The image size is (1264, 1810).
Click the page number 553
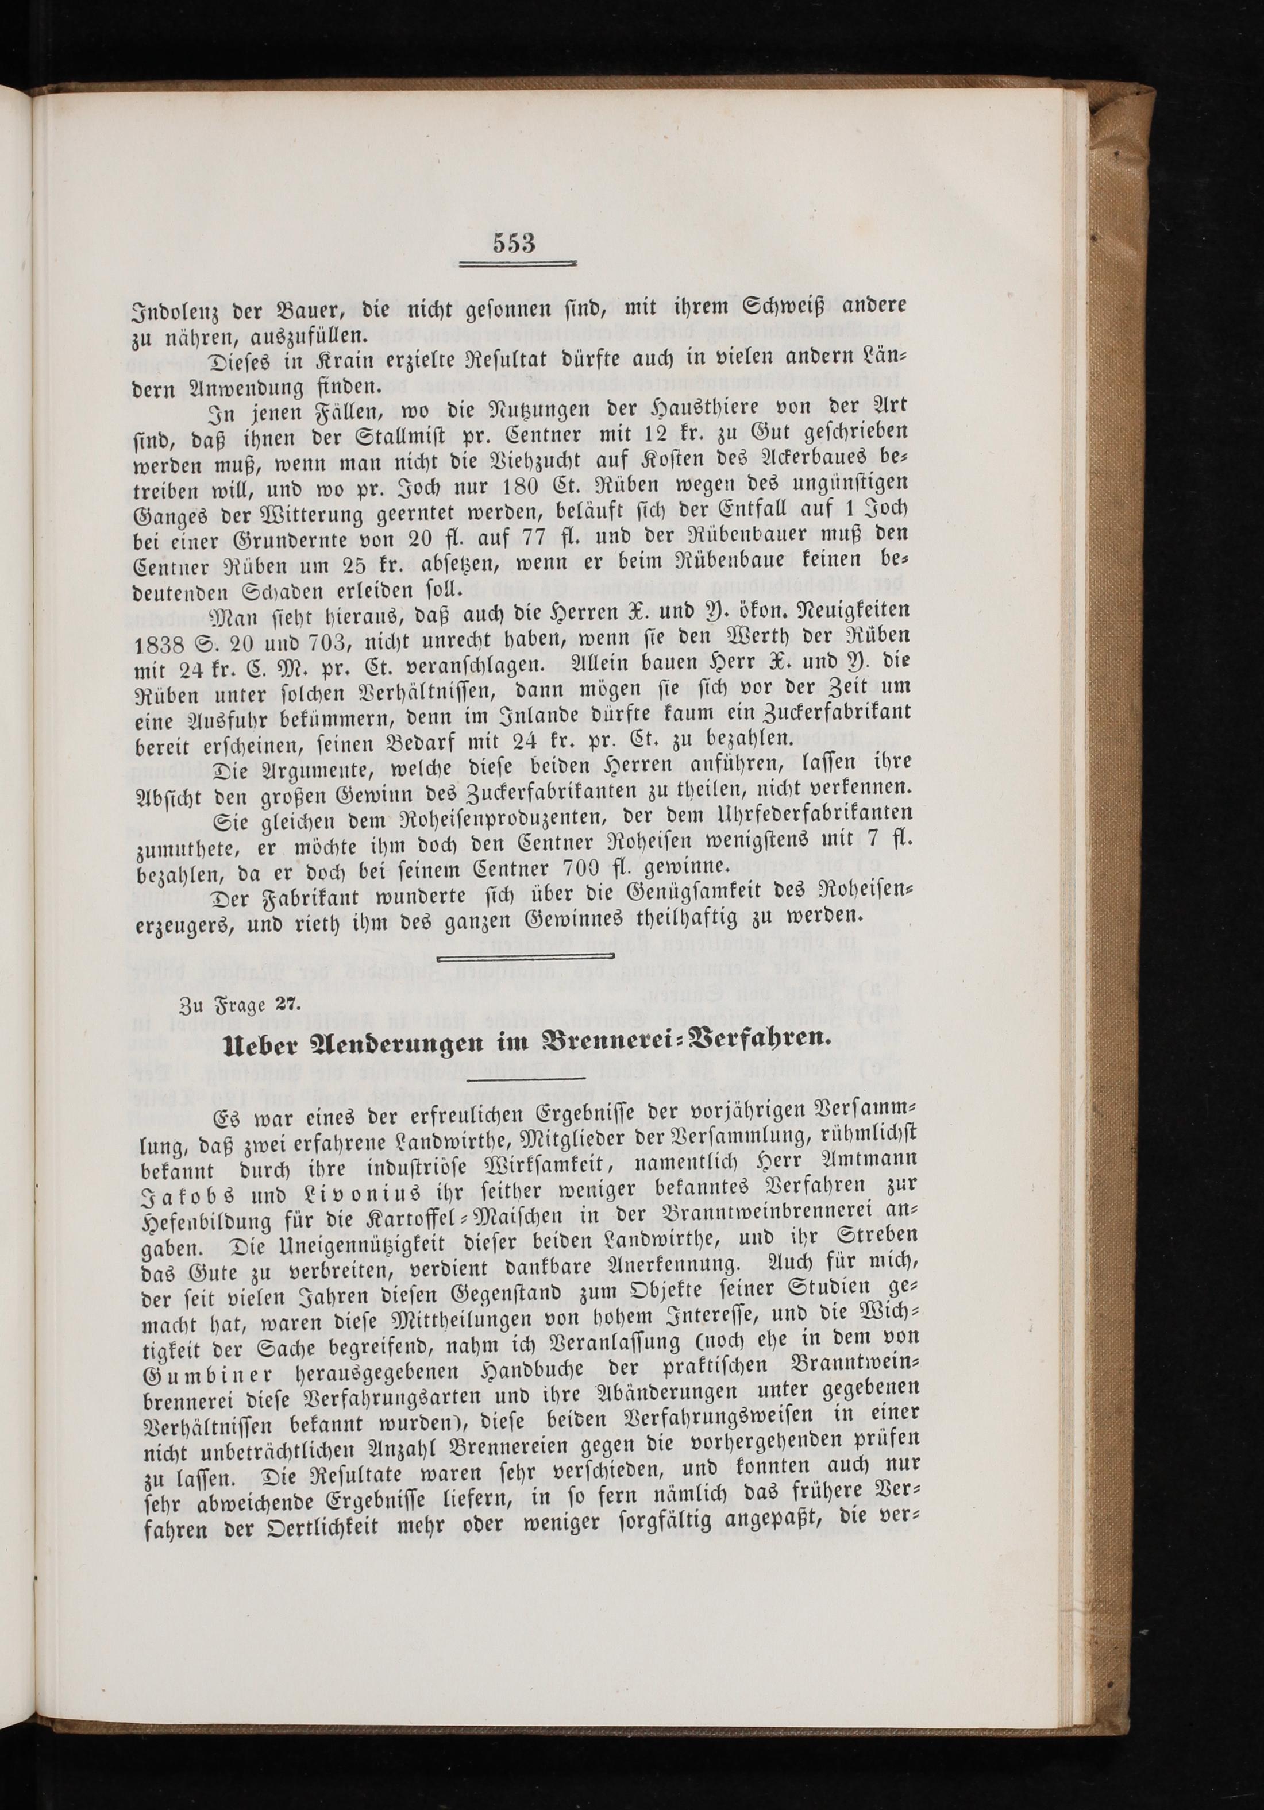514,244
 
